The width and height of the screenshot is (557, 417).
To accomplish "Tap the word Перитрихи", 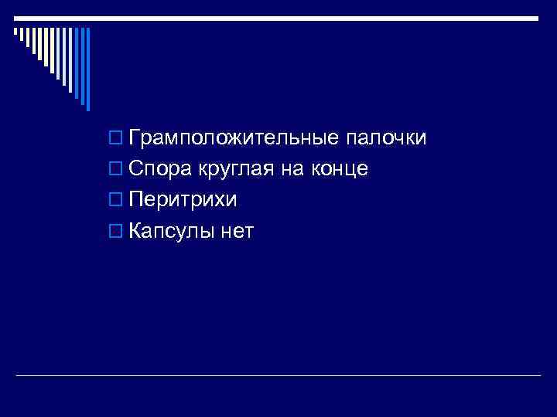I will [183, 199].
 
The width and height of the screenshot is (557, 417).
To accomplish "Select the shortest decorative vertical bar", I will [14, 32].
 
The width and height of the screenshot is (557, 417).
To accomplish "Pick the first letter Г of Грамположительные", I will [135, 138].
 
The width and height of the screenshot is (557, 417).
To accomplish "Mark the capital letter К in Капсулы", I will [135, 230].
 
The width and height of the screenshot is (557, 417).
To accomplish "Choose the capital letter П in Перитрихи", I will [137, 199].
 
